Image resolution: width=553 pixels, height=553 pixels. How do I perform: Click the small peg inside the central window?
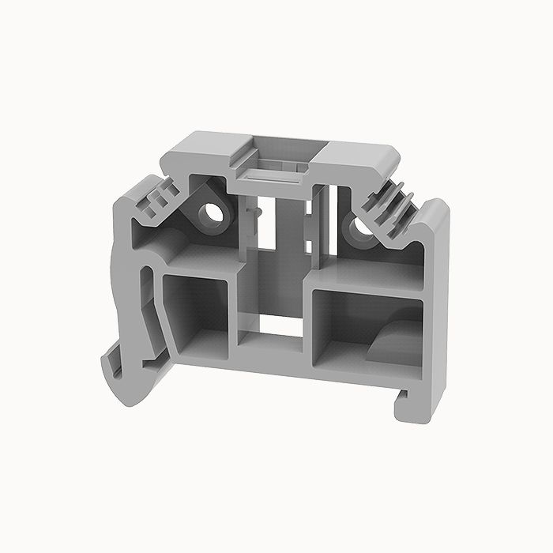252,213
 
